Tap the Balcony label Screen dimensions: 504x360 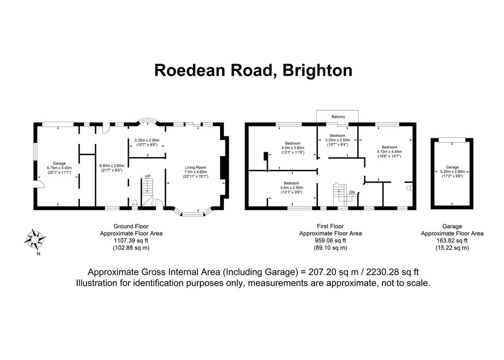point(338,117)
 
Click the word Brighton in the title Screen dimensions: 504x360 point(317,70)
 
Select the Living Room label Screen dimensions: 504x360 point(195,167)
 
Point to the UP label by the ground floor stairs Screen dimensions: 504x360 point(148,176)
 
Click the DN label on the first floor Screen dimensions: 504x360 point(352,193)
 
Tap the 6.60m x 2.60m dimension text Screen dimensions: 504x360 point(111,165)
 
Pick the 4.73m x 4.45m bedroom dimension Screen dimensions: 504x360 point(389,152)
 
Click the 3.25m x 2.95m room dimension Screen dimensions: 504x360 point(147,140)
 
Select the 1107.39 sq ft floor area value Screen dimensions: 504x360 point(131,241)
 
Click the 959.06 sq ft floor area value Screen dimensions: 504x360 point(330,241)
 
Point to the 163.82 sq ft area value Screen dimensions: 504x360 point(452,241)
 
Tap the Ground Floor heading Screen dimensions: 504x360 point(131,227)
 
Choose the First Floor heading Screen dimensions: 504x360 point(330,227)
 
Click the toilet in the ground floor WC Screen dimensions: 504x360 point(135,203)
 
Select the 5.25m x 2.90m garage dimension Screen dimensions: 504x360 point(452,172)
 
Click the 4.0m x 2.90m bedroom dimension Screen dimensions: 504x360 point(291,188)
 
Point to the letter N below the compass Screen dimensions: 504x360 point(38,254)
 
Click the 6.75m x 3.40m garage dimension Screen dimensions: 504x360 point(59,168)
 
